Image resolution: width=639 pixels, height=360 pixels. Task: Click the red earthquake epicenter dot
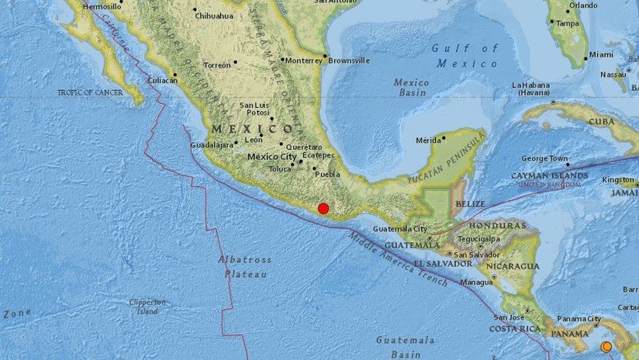tap(323, 208)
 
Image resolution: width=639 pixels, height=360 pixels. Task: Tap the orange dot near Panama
tap(606, 346)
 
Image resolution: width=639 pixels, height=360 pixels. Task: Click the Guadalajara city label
tap(212, 145)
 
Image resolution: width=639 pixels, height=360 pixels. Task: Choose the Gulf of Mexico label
tap(465, 56)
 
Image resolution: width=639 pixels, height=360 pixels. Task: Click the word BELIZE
tap(470, 203)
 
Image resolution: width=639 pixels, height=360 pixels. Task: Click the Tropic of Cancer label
tap(91, 92)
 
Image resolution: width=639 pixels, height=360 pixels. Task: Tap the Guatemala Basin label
tap(402, 346)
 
